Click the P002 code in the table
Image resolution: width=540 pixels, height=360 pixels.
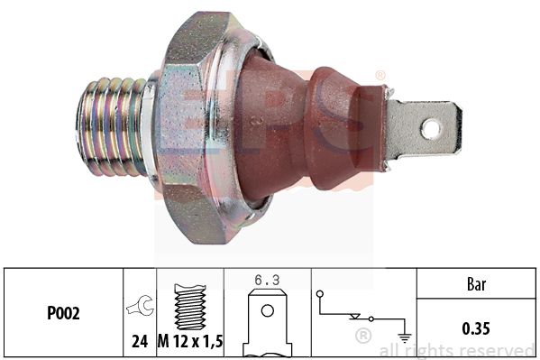click(x=63, y=313)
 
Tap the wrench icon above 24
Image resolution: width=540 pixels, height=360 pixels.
click(x=140, y=305)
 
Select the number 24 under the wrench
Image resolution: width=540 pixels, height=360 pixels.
click(x=140, y=341)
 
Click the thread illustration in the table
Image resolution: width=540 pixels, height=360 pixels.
click(x=190, y=307)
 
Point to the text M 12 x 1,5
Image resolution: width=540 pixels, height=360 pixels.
click(x=190, y=341)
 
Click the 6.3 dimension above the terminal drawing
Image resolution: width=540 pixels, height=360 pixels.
click(x=267, y=280)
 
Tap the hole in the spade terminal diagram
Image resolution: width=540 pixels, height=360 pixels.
click(x=268, y=310)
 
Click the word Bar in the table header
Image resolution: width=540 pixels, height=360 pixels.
click(x=476, y=284)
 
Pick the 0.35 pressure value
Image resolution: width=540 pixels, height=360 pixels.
click(x=476, y=328)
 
